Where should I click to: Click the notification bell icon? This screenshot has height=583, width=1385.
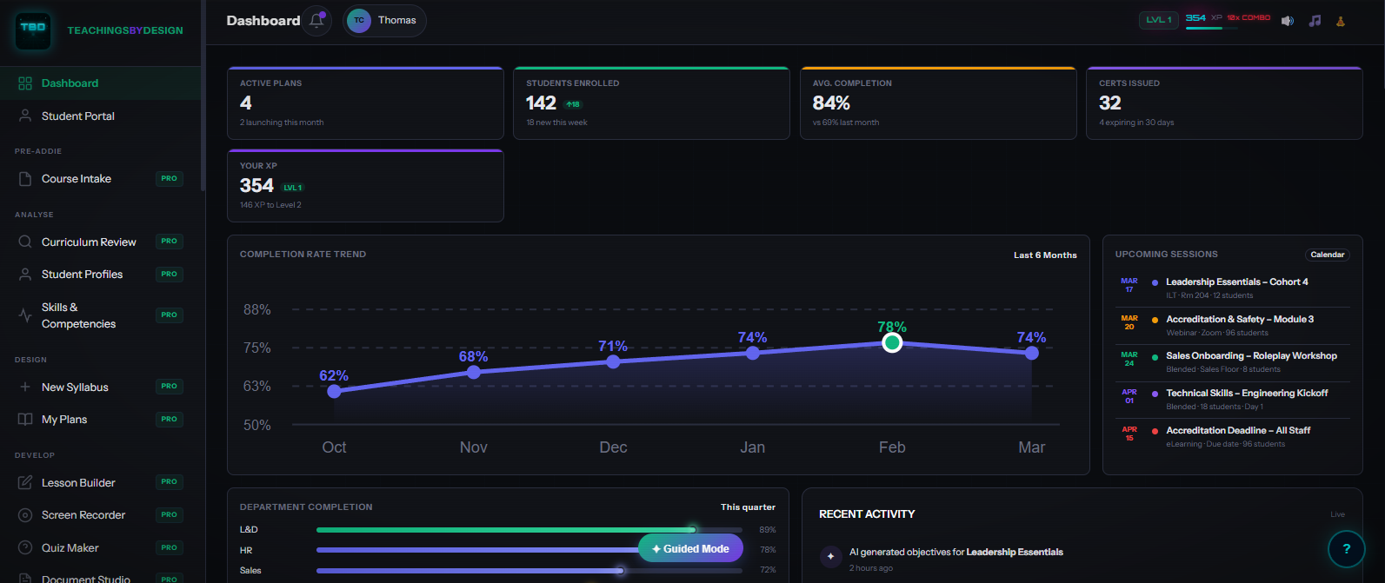(316, 21)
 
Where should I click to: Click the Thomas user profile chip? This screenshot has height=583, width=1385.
(384, 21)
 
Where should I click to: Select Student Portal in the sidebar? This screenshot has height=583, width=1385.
(77, 116)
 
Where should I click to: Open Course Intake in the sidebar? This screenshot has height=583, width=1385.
(77, 179)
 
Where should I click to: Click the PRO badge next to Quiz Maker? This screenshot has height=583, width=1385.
(169, 547)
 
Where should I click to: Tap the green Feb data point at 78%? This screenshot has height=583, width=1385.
(892, 343)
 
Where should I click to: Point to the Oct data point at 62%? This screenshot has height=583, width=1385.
(335, 392)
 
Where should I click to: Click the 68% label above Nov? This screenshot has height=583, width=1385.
(473, 357)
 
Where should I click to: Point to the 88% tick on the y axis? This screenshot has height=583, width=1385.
(257, 310)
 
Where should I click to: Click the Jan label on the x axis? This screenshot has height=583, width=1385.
(752, 447)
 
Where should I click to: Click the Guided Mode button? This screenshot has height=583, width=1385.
(690, 548)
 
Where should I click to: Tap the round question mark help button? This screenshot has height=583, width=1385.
(1346, 549)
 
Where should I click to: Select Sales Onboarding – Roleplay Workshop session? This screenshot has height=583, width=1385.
(1251, 356)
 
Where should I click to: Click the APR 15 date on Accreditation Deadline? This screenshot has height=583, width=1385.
(1129, 434)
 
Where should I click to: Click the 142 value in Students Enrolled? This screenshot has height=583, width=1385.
(541, 103)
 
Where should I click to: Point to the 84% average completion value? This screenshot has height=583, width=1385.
(831, 103)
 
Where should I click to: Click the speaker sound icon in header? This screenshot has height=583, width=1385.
(1288, 21)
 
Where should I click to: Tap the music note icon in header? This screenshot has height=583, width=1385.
(1315, 21)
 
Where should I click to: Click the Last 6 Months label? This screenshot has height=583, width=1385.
(1045, 255)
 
